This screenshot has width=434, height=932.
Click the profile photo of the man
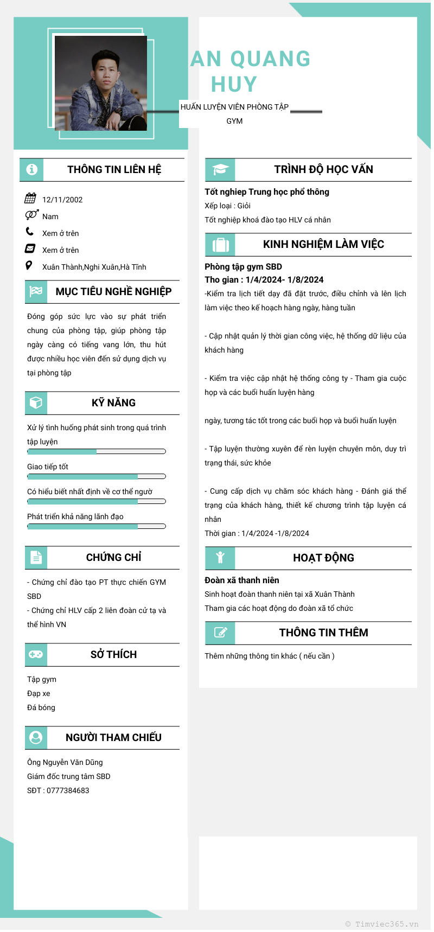[x=101, y=83]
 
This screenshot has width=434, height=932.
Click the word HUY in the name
[x=234, y=85]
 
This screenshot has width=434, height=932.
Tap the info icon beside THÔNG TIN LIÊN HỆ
[x=31, y=169]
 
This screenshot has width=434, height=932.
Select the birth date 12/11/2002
[x=62, y=200]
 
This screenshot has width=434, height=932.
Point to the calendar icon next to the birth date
[x=30, y=198]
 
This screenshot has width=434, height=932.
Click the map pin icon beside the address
[x=29, y=265]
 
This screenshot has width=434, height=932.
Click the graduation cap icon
[x=220, y=169]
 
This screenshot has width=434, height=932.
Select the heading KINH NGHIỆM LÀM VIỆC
[x=323, y=244]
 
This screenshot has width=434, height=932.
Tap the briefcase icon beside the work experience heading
[x=220, y=245]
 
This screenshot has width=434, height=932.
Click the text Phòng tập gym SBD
[x=243, y=266]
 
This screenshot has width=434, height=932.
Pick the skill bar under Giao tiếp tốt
[x=97, y=476]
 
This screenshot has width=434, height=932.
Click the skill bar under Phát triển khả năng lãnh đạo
[x=97, y=526]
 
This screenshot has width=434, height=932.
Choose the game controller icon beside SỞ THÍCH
[x=36, y=654]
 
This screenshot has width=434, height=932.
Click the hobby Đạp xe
[x=39, y=693]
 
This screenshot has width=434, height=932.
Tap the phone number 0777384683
[x=68, y=790]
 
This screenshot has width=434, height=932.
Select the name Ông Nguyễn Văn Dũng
[x=65, y=762]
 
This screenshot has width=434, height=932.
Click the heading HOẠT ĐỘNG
[x=323, y=558]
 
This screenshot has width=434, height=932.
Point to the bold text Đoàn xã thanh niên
[x=242, y=580]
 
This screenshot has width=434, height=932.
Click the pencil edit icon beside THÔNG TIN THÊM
[x=220, y=633]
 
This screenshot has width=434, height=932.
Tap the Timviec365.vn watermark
[x=386, y=924]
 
